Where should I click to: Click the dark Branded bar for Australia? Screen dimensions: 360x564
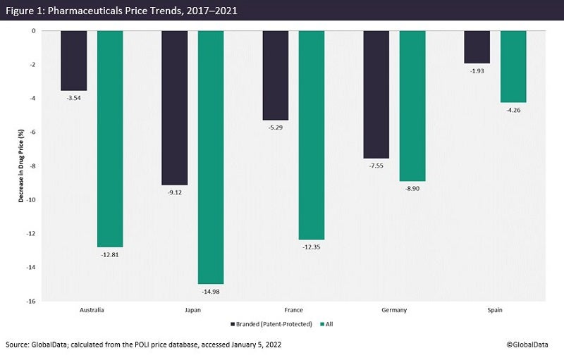pyautogui.click(x=74, y=61)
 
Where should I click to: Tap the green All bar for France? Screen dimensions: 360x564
pyautogui.click(x=312, y=135)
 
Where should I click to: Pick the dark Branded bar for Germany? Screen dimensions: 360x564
pyautogui.click(x=376, y=94)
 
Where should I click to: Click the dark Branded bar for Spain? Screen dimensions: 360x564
pyautogui.click(x=477, y=46)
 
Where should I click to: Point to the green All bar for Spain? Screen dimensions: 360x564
pyautogui.click(x=513, y=66)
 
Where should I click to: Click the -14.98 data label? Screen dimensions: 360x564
pyautogui.click(x=211, y=291)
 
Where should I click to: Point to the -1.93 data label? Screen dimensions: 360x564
pyautogui.click(x=477, y=70)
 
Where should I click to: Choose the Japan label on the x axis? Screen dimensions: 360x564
pyautogui.click(x=175, y=309)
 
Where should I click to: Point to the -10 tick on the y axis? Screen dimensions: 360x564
pyautogui.click(x=32, y=200)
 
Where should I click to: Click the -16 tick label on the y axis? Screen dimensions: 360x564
pyautogui.click(x=32, y=302)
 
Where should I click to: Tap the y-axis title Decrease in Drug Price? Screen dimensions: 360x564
pyautogui.click(x=21, y=166)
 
